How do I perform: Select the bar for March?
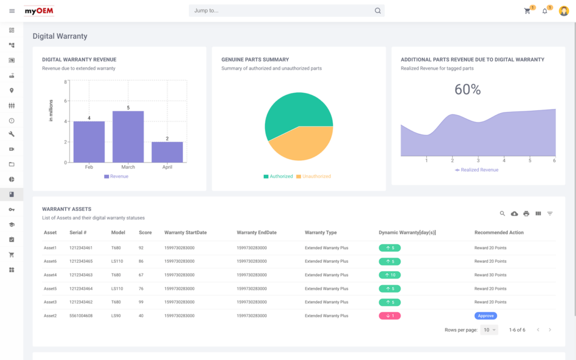click(128, 137)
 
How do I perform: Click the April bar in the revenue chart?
click(167, 152)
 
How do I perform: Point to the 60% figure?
click(467, 89)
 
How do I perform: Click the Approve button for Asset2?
click(485, 316)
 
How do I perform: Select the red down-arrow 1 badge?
click(389, 316)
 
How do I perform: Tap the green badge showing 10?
click(389, 275)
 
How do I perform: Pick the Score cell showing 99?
click(142, 302)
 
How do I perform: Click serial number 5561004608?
click(81, 316)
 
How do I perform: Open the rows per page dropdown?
click(490, 330)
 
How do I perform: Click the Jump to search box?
click(281, 11)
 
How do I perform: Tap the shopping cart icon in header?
click(527, 11)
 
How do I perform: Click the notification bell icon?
click(544, 11)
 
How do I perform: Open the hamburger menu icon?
click(12, 11)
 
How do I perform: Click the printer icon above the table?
click(526, 214)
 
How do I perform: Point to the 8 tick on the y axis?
click(66, 82)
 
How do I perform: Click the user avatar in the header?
click(564, 11)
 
